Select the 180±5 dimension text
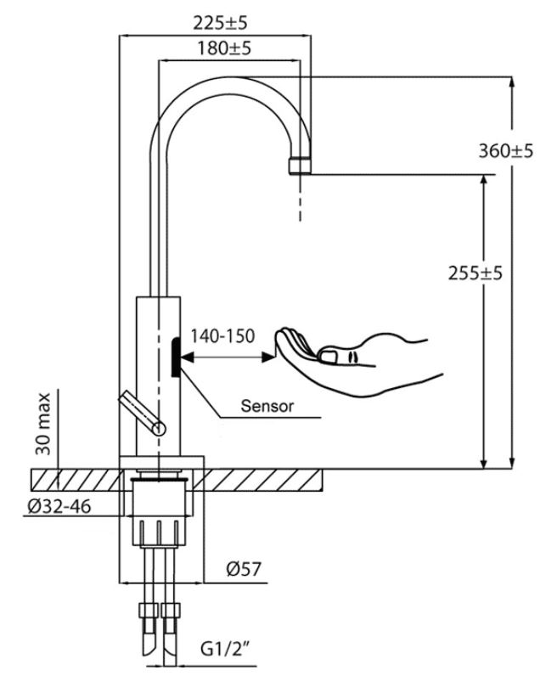tap(223, 48)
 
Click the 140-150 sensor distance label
tap(222, 336)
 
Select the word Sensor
tap(267, 406)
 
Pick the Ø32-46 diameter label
tap(60, 507)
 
